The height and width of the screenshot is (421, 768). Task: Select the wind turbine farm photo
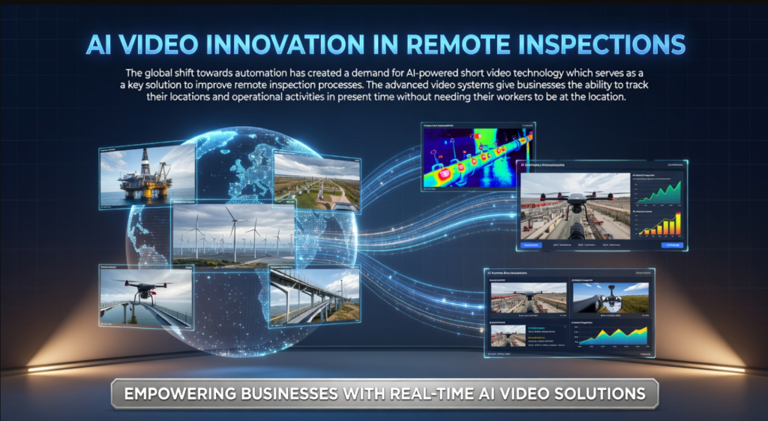tap(232, 236)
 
